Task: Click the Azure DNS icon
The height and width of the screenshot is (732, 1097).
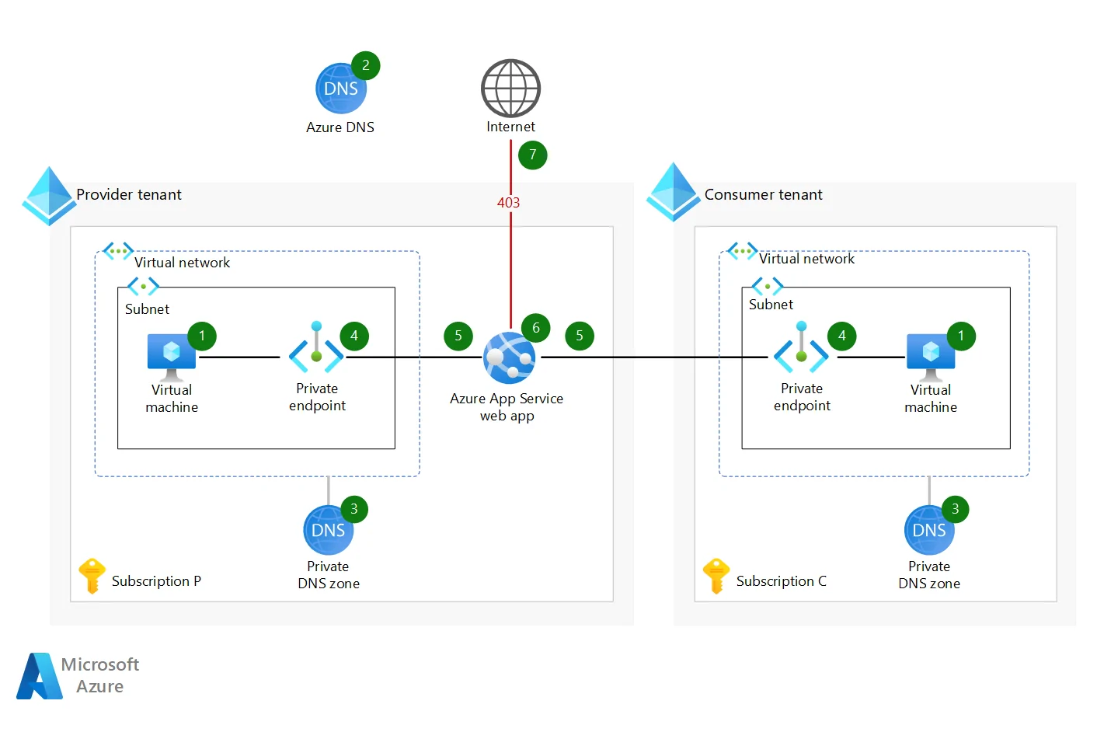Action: pos(340,89)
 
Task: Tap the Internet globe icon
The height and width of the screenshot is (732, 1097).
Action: pos(510,88)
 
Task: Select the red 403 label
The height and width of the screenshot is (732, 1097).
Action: pos(508,202)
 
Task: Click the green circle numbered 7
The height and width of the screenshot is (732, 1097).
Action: pos(532,155)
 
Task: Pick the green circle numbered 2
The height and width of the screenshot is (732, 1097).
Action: pos(365,65)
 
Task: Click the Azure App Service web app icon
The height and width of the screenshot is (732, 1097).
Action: pos(508,358)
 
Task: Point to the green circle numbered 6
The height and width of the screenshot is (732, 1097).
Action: pos(535,328)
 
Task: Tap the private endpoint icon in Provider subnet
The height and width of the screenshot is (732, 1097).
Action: pos(316,354)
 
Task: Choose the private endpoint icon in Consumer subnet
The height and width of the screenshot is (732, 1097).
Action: pos(801,354)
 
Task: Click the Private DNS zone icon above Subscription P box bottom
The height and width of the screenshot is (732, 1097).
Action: pos(328,531)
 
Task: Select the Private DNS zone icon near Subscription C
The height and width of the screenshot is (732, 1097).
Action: pos(928,531)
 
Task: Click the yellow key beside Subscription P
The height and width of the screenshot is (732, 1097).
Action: pos(91,576)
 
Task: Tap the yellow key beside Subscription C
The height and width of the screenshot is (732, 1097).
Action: pos(716,576)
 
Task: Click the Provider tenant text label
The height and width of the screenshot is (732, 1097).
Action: pos(129,194)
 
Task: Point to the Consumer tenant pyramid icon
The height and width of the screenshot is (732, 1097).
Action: pos(673,192)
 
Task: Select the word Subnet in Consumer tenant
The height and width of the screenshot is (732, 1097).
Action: pos(771,305)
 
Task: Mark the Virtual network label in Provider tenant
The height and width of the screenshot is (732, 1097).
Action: pos(182,263)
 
